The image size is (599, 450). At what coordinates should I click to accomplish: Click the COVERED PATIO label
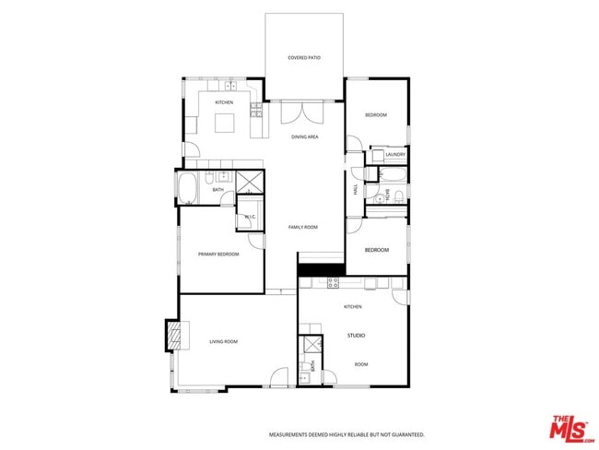304,57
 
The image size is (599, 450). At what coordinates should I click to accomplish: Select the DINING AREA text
305,136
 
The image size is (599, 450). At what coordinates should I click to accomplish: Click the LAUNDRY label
395,155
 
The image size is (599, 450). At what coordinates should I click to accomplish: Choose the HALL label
356,190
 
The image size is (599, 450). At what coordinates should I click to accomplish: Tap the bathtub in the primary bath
187,189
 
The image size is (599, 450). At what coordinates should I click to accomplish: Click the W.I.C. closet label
250,217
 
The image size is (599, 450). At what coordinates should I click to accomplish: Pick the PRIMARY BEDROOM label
218,254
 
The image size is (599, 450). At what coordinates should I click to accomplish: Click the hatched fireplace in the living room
171,334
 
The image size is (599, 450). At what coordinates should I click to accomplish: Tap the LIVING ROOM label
222,342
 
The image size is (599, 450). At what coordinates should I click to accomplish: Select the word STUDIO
357,336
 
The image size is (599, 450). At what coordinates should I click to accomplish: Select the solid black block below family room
320,269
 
